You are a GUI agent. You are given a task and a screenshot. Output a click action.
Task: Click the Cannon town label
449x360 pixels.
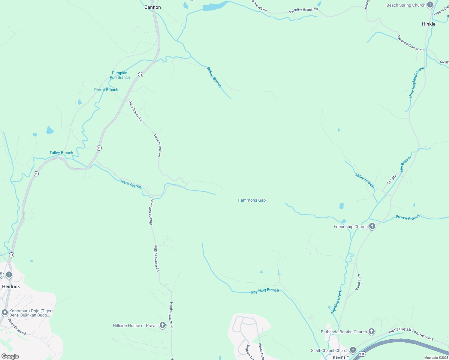(152, 7)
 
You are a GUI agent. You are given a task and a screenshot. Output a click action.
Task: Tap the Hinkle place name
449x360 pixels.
(429, 24)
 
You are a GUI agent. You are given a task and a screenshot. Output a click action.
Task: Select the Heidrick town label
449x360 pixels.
(11, 286)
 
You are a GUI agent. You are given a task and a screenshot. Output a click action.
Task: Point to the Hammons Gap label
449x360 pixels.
(252, 200)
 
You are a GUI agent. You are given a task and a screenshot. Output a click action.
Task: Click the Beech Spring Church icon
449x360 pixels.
(430, 5)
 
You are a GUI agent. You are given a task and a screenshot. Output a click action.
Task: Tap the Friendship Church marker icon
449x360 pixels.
(372, 226)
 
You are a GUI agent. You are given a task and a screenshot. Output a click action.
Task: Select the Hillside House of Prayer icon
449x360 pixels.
(162, 325)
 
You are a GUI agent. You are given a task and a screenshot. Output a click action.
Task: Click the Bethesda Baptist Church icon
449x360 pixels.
(372, 332)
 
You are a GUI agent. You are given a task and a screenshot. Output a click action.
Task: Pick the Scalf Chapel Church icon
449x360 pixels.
(353, 350)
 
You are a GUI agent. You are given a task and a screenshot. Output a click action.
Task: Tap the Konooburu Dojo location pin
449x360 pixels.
(5, 313)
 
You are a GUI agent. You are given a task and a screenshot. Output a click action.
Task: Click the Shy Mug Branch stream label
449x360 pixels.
(265, 291)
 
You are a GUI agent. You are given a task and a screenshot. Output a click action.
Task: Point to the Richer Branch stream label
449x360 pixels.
(214, 77)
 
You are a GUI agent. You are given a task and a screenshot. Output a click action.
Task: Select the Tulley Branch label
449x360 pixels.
(61, 153)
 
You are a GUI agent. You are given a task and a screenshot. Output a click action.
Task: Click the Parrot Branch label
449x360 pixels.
(106, 90)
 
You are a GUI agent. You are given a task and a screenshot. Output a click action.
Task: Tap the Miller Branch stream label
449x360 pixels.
(365, 180)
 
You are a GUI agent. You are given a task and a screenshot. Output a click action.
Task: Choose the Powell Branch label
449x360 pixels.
(408, 217)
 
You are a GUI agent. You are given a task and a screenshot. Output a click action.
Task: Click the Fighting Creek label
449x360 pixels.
(336, 302)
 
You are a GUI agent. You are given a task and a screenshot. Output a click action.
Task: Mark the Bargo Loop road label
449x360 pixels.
(358, 282)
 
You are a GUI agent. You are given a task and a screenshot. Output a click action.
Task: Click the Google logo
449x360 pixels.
(10, 356)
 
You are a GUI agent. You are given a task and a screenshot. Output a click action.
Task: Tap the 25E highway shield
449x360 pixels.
(362, 354)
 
